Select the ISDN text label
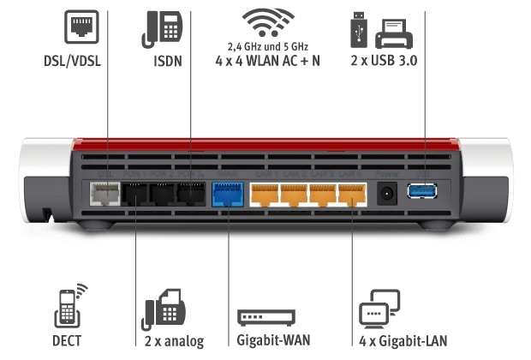168,62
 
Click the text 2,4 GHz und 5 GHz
265,45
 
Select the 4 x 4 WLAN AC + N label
265,62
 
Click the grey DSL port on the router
104,195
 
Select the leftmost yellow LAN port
266,195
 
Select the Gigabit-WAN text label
266,341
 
